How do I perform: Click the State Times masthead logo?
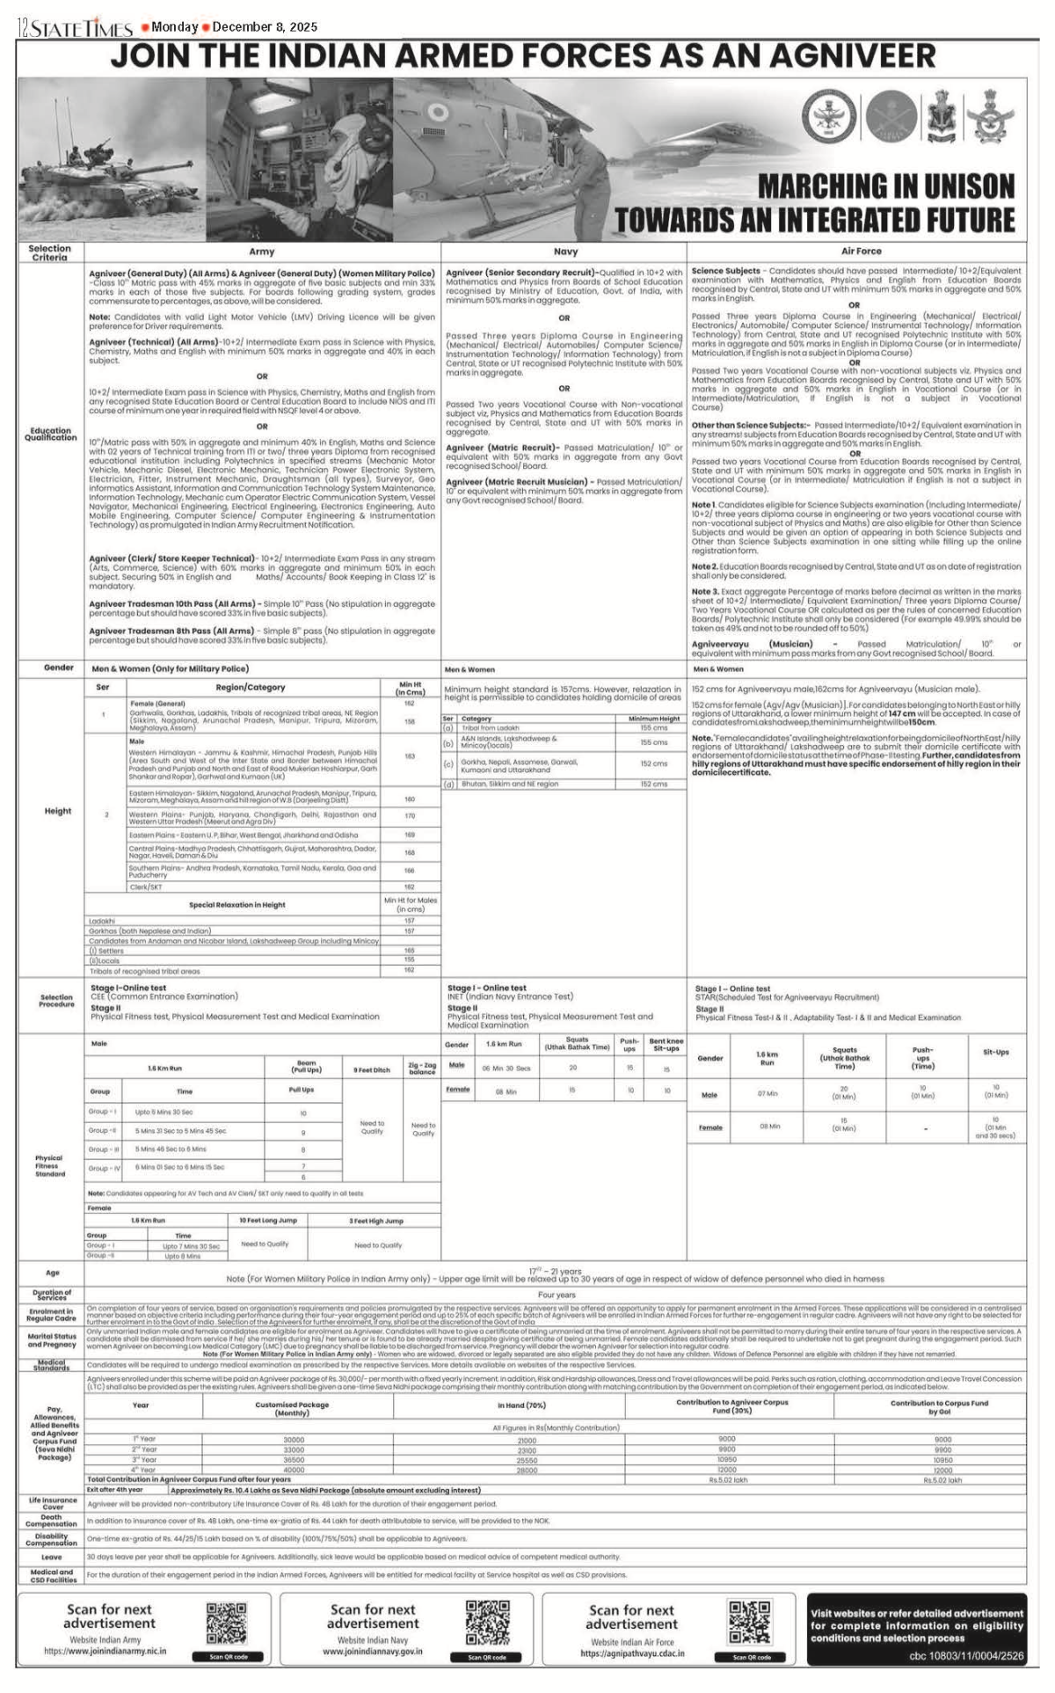click(75, 29)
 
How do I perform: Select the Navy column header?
click(565, 252)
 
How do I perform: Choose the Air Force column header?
click(861, 252)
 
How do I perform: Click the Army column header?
click(262, 252)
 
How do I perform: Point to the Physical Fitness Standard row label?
click(51, 1165)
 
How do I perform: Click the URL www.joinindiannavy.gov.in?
click(373, 1652)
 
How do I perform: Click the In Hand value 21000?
click(527, 1441)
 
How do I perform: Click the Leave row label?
click(52, 1556)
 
